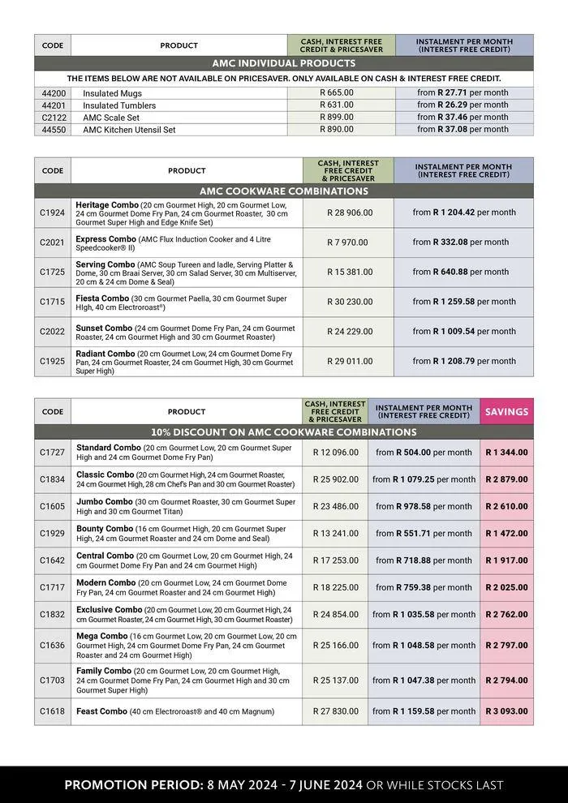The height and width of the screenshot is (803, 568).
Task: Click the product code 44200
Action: pyautogui.click(x=53, y=92)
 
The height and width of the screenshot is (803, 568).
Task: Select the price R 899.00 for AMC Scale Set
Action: pyautogui.click(x=337, y=117)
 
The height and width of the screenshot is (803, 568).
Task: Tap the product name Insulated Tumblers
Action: pyautogui.click(x=119, y=105)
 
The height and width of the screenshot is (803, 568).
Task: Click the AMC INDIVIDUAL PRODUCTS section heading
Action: pyautogui.click(x=283, y=63)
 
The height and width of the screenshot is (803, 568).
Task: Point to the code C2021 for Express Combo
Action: pyautogui.click(x=53, y=242)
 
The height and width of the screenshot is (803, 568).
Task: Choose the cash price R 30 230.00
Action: pyautogui.click(x=350, y=302)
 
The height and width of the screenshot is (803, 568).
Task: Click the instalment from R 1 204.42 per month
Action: pyautogui.click(x=463, y=213)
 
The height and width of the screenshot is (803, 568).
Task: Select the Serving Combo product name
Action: pyautogui.click(x=105, y=264)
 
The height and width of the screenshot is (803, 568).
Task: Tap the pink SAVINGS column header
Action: pyautogui.click(x=506, y=411)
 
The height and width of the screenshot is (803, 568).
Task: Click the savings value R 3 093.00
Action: pyautogui.click(x=506, y=711)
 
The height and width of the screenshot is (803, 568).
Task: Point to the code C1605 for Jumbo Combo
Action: pyautogui.click(x=53, y=506)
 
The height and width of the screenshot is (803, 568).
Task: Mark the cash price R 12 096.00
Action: pyautogui.click(x=335, y=453)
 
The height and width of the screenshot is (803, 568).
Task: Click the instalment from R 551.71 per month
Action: pyautogui.click(x=424, y=534)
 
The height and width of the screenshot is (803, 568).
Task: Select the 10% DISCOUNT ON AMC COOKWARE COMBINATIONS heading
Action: pyautogui.click(x=283, y=432)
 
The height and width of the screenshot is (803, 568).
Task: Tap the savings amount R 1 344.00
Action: pyautogui.click(x=506, y=453)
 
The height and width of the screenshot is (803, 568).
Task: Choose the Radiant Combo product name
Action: pyautogui.click(x=105, y=354)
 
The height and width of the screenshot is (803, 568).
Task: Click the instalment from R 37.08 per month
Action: pyautogui.click(x=463, y=129)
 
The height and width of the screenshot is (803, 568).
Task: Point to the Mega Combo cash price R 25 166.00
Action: pyautogui.click(x=335, y=645)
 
